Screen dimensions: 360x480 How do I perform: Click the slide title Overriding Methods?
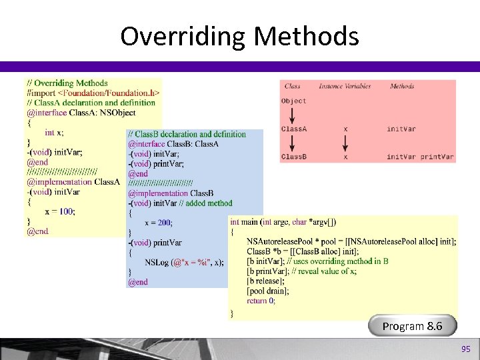point(239,36)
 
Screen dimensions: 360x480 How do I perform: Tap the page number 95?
point(465,349)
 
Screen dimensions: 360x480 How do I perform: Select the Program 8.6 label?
point(411,326)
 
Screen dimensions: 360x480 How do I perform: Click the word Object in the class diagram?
point(294,101)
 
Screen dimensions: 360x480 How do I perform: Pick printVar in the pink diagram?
point(437,157)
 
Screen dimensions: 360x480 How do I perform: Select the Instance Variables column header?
point(344,86)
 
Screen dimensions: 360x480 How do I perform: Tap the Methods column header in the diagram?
point(402,86)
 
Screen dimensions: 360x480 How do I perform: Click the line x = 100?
point(60,211)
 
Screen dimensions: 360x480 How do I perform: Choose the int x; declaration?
point(55,133)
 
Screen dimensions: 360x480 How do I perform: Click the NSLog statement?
point(185,262)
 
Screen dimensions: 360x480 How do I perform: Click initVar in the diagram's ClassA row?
point(401,129)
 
